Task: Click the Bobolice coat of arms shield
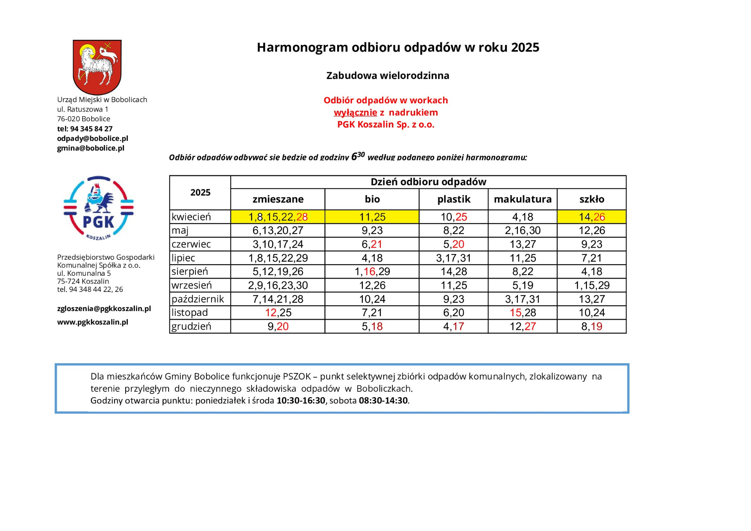pyautogui.click(x=97, y=67)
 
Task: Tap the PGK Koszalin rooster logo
pyautogui.click(x=99, y=208)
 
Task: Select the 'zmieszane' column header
pyautogui.click(x=278, y=199)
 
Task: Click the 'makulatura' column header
pyautogui.click(x=523, y=199)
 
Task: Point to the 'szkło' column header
pyautogui.click(x=591, y=199)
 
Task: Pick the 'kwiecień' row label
pyautogui.click(x=191, y=217)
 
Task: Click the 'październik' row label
pyautogui.click(x=198, y=299)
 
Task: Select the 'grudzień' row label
pyautogui.click(x=191, y=326)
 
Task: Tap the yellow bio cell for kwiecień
pyautogui.click(x=372, y=217)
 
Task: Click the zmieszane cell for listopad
pyautogui.click(x=278, y=313)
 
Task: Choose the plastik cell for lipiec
pyautogui.click(x=453, y=258)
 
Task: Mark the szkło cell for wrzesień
pyautogui.click(x=591, y=285)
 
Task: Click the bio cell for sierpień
pyautogui.click(x=372, y=272)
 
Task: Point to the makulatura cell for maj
pyautogui.click(x=523, y=230)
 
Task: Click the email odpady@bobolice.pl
pyautogui.click(x=93, y=139)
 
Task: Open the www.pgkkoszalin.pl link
pyautogui.click(x=93, y=322)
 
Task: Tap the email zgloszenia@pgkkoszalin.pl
pyautogui.click(x=104, y=308)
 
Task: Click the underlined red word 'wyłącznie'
pyautogui.click(x=355, y=113)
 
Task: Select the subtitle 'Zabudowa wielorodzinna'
pyautogui.click(x=388, y=76)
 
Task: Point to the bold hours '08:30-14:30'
pyautogui.click(x=383, y=401)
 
